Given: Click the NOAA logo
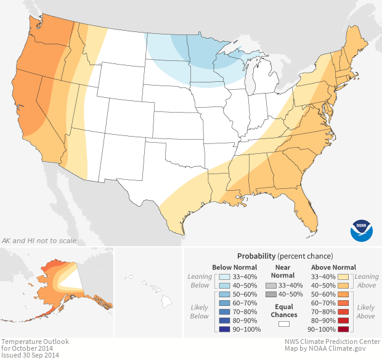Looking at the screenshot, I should [x=362, y=230].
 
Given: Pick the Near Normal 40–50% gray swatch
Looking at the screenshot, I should [x=271, y=295].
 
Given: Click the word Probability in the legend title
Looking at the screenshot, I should [x=256, y=255].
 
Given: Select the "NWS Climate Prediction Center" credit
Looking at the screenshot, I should [x=331, y=341].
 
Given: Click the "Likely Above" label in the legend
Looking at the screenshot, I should [x=366, y=311].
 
